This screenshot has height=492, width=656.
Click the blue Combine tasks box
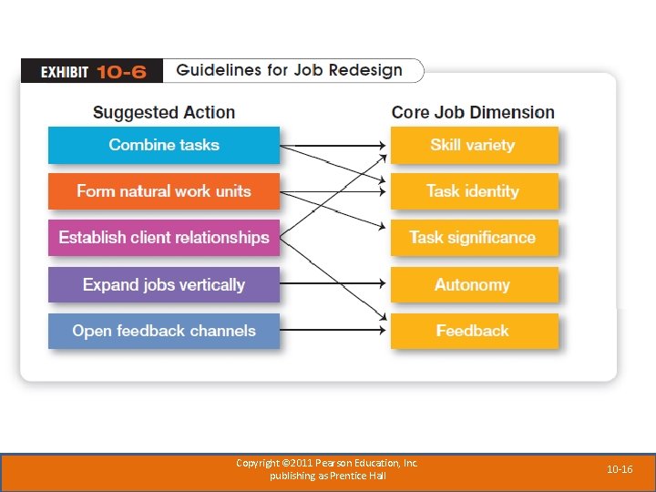(164, 145)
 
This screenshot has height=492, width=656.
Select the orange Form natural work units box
(164, 191)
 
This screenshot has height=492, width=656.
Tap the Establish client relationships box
(164, 238)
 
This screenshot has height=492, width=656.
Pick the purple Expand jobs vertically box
(164, 285)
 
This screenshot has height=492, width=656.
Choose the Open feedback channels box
(164, 331)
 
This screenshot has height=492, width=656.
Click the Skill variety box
(473, 145)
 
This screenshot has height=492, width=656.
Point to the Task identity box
(473, 191)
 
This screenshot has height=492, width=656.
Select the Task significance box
(473, 238)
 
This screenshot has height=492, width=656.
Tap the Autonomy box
(473, 285)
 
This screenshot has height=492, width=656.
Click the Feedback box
(473, 331)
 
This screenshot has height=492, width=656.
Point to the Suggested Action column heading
(164, 113)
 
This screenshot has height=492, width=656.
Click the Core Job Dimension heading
(473, 113)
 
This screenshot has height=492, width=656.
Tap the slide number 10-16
(620, 469)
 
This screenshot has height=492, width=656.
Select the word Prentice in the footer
(351, 476)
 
